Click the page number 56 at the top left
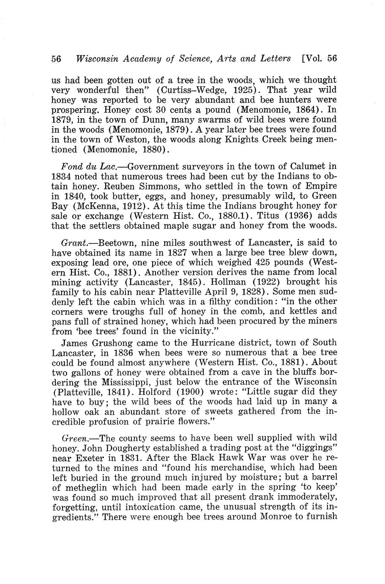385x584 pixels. [57, 59]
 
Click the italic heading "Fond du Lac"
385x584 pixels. [86, 167]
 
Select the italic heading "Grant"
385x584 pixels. [74, 243]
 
